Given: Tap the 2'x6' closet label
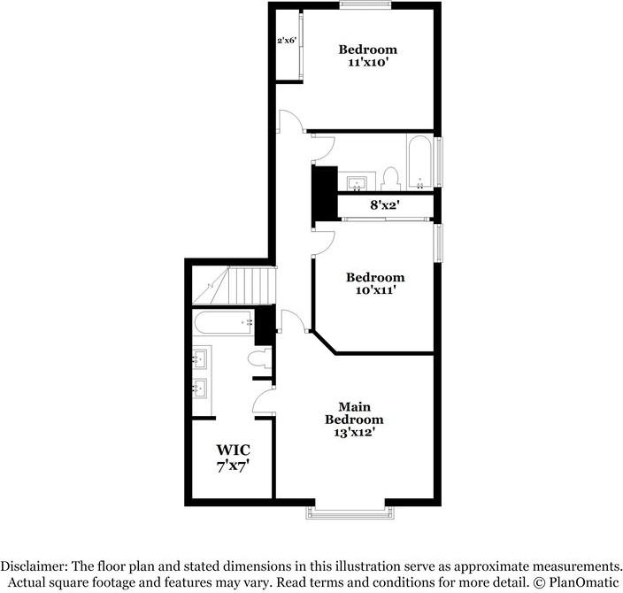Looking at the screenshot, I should (286, 41).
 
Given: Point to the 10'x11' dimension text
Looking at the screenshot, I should (374, 290).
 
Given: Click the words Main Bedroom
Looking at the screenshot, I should (354, 412).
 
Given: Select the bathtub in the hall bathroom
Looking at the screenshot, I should (419, 162).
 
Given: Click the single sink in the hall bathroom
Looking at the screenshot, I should (357, 184).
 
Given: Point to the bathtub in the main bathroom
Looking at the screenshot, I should (222, 324).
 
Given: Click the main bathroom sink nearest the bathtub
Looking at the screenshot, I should (201, 358).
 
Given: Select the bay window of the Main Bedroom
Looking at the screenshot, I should (346, 512).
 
